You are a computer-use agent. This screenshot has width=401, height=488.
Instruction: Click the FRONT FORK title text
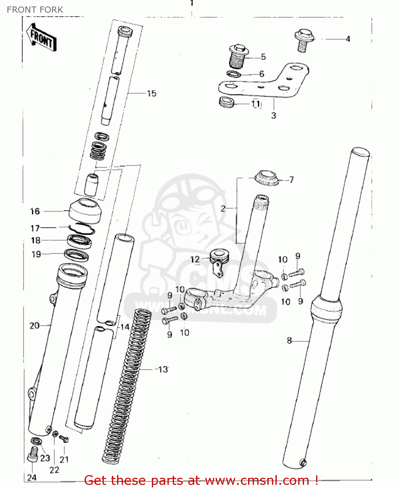35,10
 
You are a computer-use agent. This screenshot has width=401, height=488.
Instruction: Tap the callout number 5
263,57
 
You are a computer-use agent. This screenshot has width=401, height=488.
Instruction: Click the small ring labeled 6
234,74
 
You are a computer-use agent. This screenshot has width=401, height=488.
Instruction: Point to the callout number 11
256,104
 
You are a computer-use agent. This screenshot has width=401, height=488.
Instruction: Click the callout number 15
152,94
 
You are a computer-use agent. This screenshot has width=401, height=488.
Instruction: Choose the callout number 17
35,228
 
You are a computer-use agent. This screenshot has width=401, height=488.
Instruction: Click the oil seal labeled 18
79,241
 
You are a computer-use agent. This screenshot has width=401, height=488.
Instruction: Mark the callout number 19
36,254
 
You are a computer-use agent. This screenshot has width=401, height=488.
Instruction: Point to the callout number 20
34,325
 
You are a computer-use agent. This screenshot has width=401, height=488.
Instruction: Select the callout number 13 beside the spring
163,369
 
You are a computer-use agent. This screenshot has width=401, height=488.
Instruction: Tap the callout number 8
289,340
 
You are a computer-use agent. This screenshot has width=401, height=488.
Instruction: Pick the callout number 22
54,470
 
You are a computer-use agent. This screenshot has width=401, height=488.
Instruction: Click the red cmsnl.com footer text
201,480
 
